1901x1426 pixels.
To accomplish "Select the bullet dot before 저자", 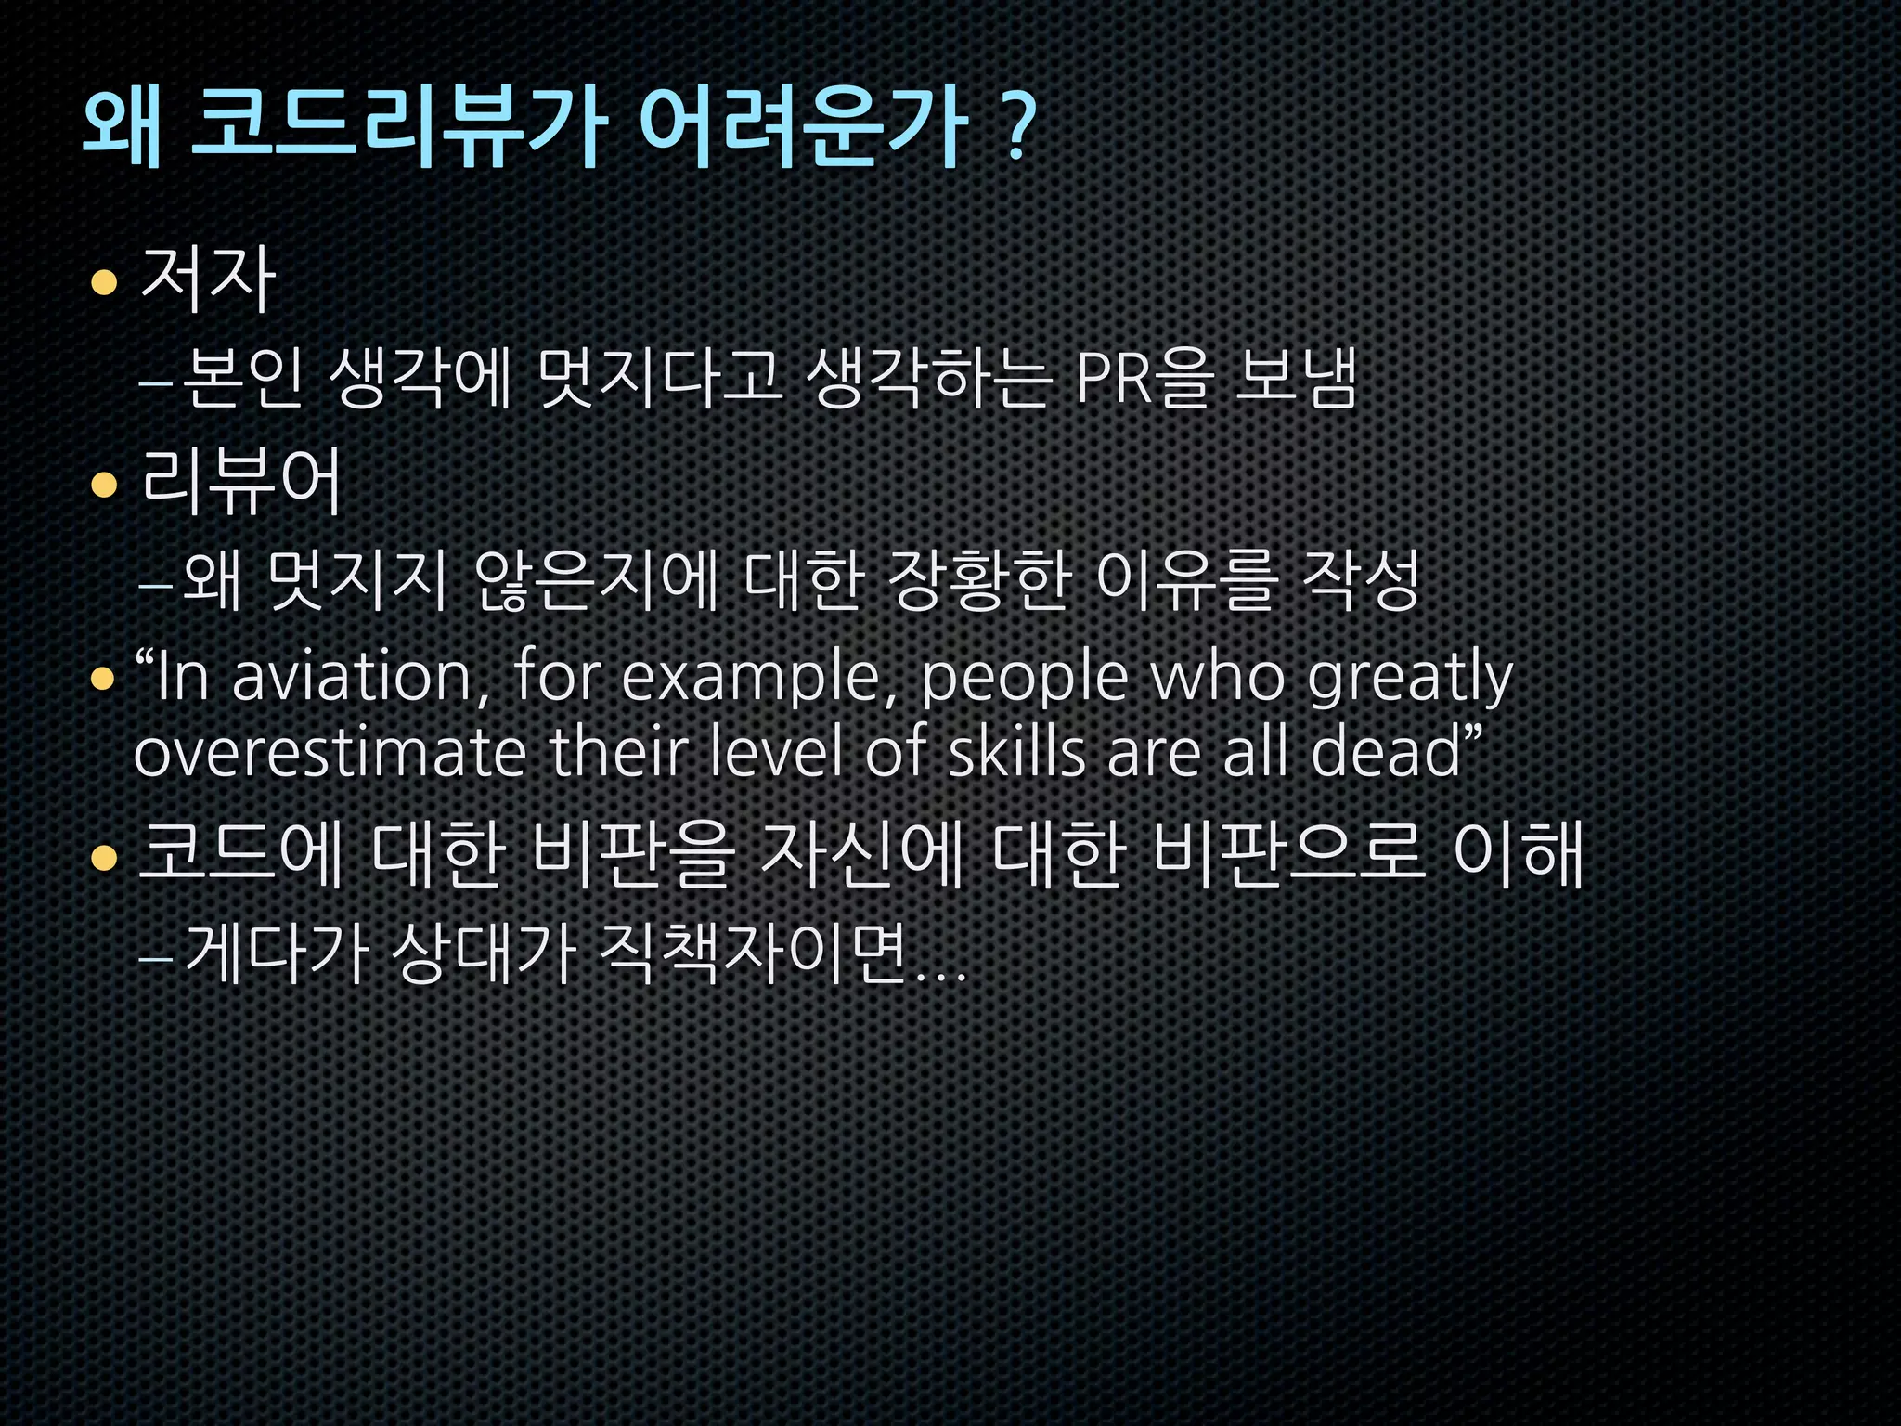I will [104, 282].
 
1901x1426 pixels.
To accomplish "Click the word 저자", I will [208, 279].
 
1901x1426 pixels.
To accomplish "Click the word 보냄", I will [1296, 379].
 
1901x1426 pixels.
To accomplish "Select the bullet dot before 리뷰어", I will [104, 485].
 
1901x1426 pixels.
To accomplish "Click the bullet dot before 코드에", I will [104, 858].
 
